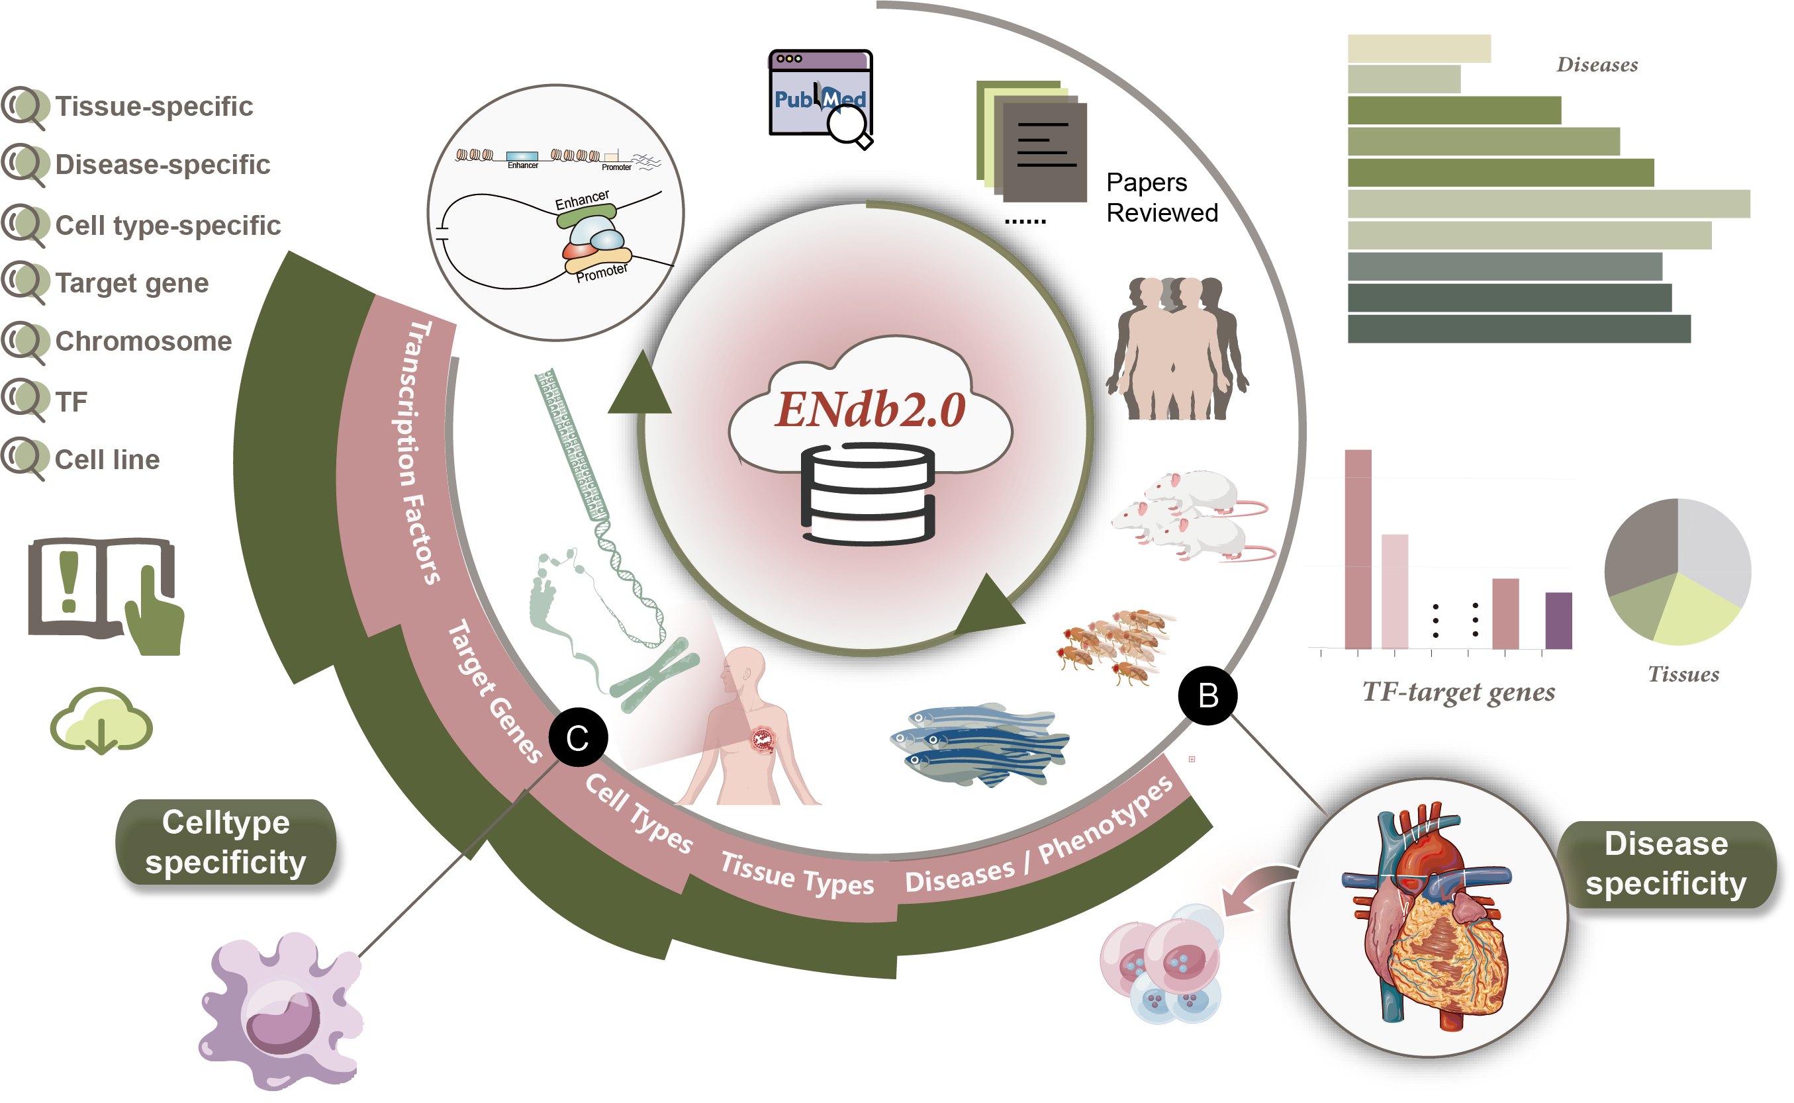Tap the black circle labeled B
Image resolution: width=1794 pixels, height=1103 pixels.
1208,695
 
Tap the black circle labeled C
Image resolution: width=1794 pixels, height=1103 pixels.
578,737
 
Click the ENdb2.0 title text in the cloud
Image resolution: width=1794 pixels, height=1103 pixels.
870,410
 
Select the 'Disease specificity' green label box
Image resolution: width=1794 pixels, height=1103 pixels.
1666,863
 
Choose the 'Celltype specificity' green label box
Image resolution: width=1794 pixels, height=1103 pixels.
226,842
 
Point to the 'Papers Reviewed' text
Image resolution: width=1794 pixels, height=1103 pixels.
1162,197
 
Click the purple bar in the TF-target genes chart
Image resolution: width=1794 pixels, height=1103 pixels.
1558,620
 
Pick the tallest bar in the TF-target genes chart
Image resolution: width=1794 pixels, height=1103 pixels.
1358,549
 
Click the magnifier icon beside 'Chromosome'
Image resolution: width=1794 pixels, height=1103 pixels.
24,341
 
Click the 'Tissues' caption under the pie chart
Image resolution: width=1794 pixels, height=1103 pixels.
1683,675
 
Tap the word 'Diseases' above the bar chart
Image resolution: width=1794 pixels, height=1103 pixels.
1597,65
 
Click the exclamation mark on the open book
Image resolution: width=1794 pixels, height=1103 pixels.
69,582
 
